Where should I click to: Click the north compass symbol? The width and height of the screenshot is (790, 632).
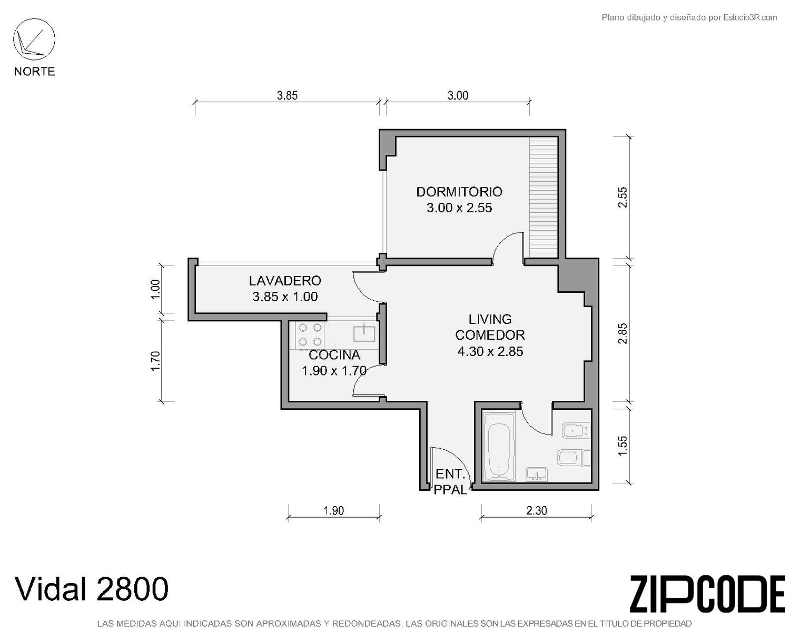[34, 39]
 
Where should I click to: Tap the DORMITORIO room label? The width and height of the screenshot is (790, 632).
[459, 192]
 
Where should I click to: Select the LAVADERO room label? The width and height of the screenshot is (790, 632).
[285, 281]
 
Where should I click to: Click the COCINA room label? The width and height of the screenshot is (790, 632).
[334, 355]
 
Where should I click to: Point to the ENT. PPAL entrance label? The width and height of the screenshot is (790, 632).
[450, 482]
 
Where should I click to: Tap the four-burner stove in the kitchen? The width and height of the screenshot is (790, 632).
[310, 334]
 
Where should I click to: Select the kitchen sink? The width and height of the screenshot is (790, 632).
[364, 333]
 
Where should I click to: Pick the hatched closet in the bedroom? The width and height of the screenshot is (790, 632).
[544, 197]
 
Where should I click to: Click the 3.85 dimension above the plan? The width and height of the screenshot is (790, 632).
[287, 95]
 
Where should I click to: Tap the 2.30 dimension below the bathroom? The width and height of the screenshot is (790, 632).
[536, 511]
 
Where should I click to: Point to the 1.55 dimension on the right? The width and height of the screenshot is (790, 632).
[623, 446]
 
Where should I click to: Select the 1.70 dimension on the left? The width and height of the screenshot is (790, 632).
[155, 361]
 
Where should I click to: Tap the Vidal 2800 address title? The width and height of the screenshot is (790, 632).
[91, 589]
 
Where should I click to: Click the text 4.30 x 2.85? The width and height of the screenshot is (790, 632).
[490, 351]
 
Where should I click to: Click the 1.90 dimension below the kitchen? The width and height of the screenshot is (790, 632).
[333, 511]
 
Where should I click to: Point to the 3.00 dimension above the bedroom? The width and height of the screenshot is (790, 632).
[458, 95]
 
